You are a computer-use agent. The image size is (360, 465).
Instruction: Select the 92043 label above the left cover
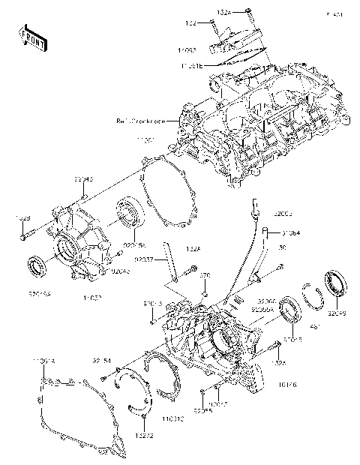coord(83,180)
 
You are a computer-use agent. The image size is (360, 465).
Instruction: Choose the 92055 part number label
coord(201,412)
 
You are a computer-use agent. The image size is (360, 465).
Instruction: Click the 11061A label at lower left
coord(44,362)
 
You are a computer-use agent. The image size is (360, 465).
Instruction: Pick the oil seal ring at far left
coord(38,265)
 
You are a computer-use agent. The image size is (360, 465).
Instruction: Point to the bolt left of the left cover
coord(26,235)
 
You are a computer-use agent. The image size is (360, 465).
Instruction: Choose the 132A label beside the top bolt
coord(225,13)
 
